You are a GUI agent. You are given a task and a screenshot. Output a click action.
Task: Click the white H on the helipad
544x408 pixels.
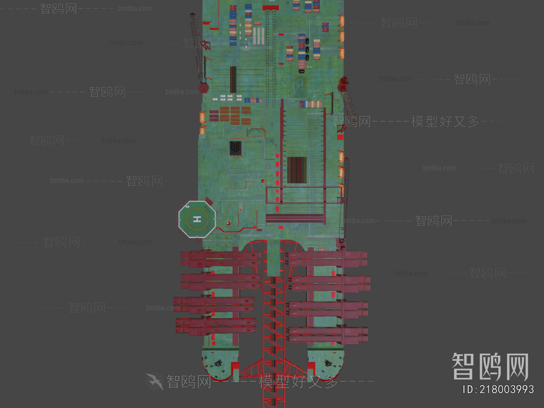197,219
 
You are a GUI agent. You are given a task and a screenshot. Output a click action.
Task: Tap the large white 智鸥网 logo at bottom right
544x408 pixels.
490,366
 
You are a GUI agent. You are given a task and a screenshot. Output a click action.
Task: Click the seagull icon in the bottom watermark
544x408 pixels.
155,381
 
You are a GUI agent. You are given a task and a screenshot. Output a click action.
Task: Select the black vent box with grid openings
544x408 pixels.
235,148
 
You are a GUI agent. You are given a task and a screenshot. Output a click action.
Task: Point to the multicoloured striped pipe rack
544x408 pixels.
297,170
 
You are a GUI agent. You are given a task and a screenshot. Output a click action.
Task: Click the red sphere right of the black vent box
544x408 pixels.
262,181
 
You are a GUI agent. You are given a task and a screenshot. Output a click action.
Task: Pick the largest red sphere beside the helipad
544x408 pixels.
228,223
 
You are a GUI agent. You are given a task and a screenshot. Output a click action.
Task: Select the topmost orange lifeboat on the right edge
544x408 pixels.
341,20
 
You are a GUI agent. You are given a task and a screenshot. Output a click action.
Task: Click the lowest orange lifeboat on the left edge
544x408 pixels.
202,130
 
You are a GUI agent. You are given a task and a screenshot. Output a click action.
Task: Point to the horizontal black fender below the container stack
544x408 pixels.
302,71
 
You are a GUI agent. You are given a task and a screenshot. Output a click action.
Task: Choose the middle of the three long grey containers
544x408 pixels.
258,36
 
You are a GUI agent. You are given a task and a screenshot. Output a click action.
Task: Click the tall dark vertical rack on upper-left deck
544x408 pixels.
233,79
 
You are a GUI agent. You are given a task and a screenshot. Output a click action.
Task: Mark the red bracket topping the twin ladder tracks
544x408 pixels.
270,7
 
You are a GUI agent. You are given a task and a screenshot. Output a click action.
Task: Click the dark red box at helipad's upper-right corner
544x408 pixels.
209,201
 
